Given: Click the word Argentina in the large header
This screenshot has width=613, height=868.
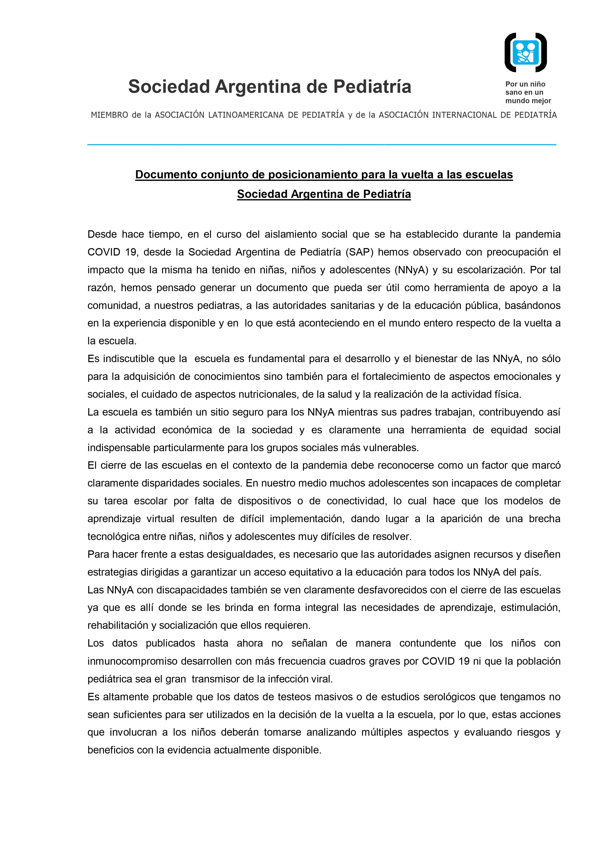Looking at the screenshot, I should [x=260, y=87].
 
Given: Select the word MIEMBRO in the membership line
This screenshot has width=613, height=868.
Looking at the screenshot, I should [x=109, y=115].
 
